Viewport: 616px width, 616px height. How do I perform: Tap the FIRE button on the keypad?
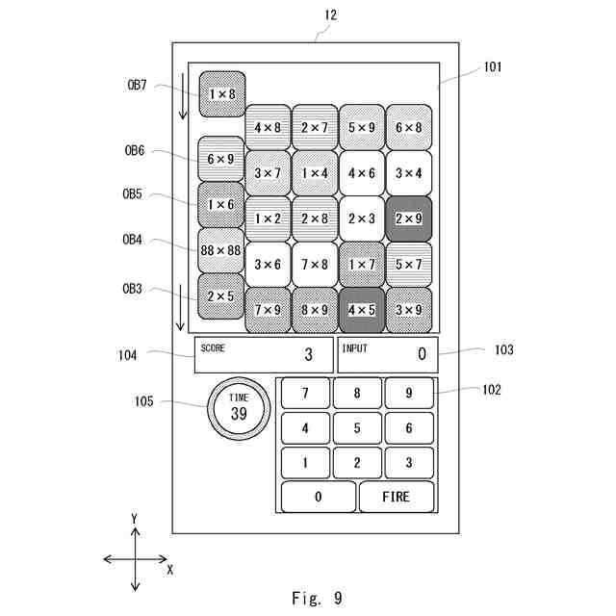pyautogui.click(x=396, y=497)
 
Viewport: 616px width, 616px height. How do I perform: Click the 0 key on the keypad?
pyautogui.click(x=319, y=497)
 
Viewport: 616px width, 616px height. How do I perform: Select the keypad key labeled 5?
pyautogui.click(x=357, y=427)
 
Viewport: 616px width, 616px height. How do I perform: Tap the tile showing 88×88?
pyautogui.click(x=221, y=250)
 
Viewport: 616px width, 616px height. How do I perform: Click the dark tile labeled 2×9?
pyautogui.click(x=409, y=218)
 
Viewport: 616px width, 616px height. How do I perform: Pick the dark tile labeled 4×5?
pyautogui.click(x=362, y=310)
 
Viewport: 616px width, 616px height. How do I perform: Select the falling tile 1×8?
pyautogui.click(x=221, y=94)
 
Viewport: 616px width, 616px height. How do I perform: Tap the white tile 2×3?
pyautogui.click(x=362, y=218)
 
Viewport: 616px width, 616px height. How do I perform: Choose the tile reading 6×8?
pyautogui.click(x=409, y=127)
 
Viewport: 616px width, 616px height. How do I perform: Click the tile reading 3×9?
pyautogui.click(x=409, y=310)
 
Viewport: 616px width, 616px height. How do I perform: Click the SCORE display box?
pyautogui.click(x=264, y=354)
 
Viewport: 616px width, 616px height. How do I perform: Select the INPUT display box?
pyautogui.click(x=388, y=354)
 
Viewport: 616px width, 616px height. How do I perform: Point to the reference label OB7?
pyautogui.click(x=137, y=85)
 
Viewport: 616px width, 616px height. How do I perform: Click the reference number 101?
pyautogui.click(x=492, y=67)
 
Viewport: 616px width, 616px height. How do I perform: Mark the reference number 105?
pyautogui.click(x=142, y=401)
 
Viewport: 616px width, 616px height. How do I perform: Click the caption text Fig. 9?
pyautogui.click(x=316, y=598)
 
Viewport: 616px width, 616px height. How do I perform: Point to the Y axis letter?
pyautogui.click(x=135, y=519)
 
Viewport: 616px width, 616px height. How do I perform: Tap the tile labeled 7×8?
pyautogui.click(x=315, y=265)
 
